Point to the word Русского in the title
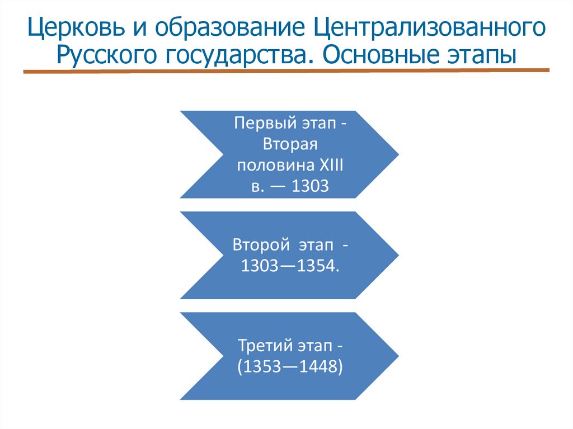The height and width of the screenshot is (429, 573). coord(109,55)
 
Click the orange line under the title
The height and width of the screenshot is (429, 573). coord(286,71)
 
